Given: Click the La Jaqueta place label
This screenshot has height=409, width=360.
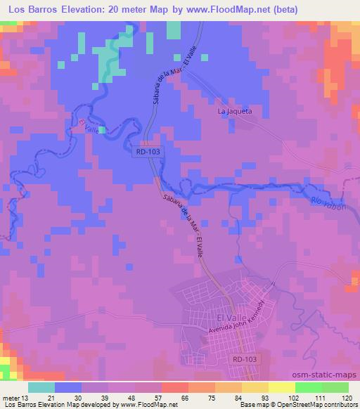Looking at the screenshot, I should click(235, 111).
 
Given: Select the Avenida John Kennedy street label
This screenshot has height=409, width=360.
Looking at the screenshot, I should click(235, 318).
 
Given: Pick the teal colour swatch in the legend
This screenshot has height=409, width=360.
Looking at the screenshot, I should click(41, 387).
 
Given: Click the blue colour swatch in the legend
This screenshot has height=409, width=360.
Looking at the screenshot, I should click(67, 387).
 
